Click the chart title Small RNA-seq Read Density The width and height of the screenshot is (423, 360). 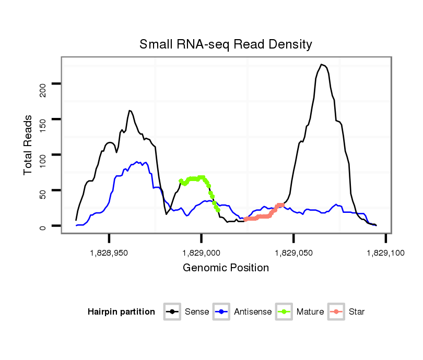[x=226, y=44]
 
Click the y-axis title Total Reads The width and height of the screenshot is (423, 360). [x=29, y=145]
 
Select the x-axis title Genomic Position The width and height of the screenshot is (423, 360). [x=226, y=268]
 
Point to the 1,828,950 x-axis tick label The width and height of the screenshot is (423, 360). [x=109, y=253]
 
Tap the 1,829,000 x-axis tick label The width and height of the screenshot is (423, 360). [x=201, y=253]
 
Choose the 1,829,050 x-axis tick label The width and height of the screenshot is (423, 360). [x=293, y=253]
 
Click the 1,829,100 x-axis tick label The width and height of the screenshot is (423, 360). [x=385, y=253]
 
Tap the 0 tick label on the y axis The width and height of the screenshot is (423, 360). [x=43, y=226]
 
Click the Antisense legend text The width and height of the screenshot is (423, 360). [x=253, y=312]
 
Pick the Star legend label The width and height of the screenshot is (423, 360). [x=356, y=312]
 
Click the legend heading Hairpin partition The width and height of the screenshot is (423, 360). [x=121, y=312]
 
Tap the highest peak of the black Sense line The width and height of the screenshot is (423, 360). [x=322, y=65]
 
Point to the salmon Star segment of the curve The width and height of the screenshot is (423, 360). [x=264, y=216]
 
